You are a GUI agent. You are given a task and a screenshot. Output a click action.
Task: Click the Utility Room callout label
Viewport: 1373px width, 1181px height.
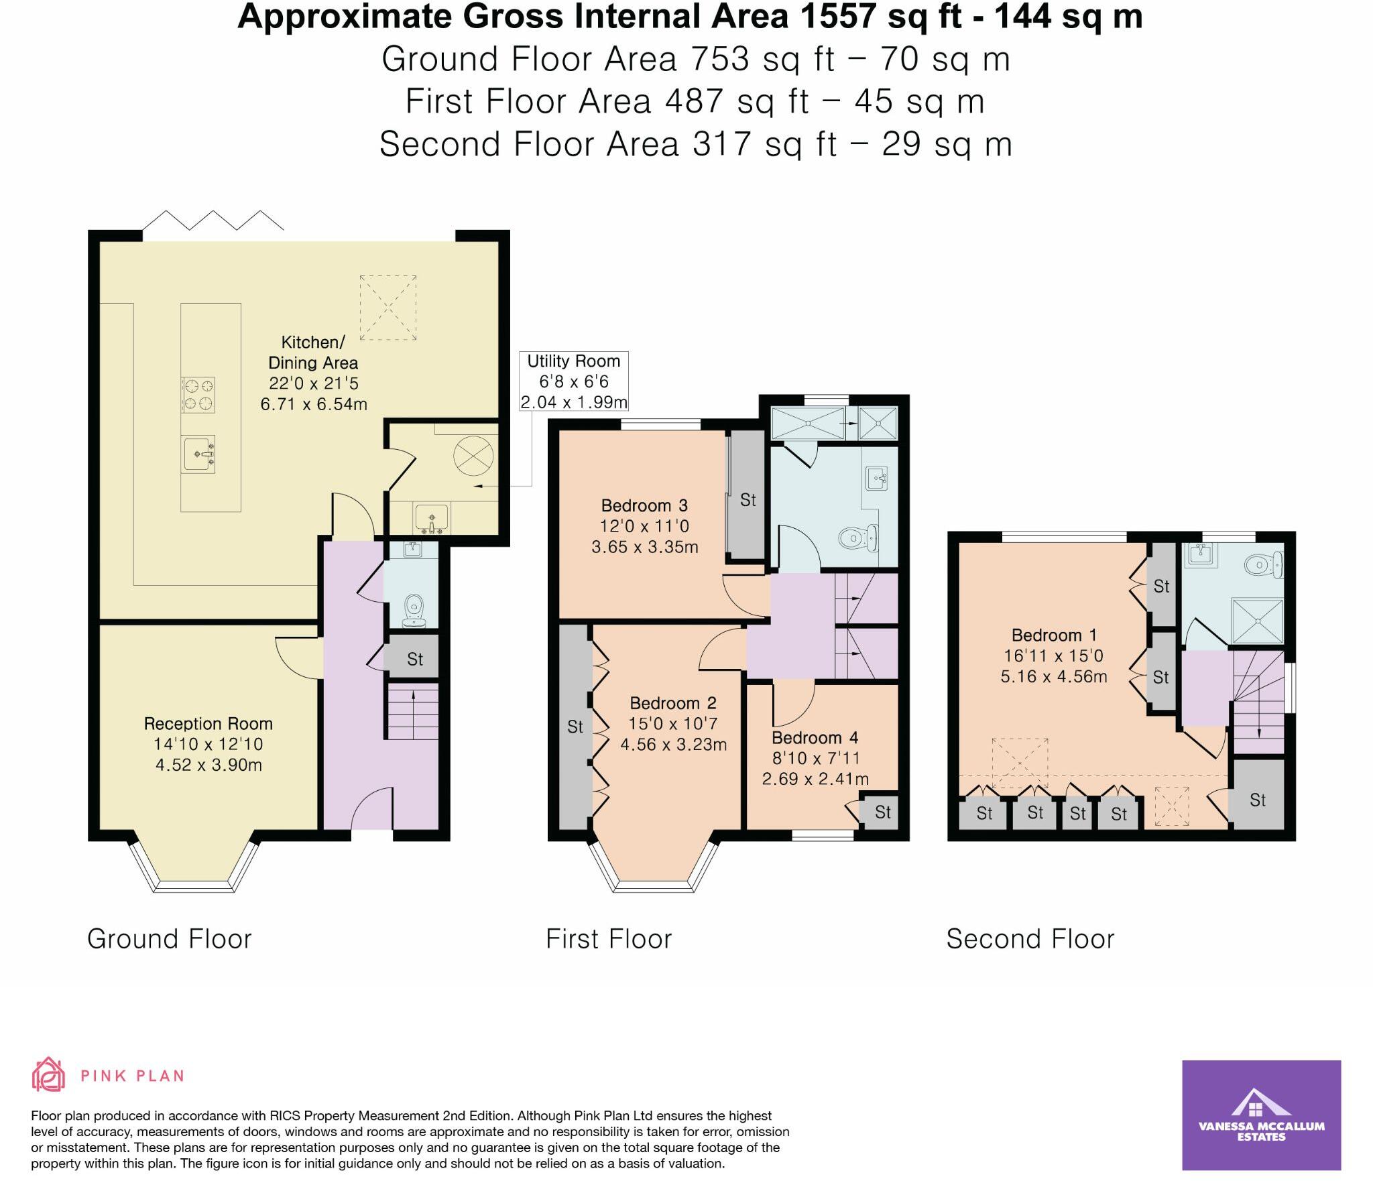pyautogui.click(x=573, y=381)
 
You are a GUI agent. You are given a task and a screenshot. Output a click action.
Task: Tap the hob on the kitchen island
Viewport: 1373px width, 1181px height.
pyautogui.click(x=198, y=394)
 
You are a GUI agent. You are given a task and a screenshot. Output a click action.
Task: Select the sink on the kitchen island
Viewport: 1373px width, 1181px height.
pyautogui.click(x=198, y=454)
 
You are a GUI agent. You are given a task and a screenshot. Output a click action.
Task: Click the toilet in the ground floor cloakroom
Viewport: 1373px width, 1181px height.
pyautogui.click(x=415, y=609)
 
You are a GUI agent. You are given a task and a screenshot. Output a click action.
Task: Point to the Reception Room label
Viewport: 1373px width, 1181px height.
pyautogui.click(x=208, y=724)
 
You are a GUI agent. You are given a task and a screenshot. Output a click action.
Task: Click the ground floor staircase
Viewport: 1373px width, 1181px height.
pyautogui.click(x=412, y=711)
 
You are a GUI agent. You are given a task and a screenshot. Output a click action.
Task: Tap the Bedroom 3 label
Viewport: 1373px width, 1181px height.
pyautogui.click(x=644, y=505)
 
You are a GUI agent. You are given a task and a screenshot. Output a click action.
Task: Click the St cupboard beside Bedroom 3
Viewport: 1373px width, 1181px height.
pyautogui.click(x=748, y=499)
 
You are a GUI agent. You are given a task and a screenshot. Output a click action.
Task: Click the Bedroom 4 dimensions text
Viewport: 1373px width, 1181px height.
pyautogui.click(x=815, y=769)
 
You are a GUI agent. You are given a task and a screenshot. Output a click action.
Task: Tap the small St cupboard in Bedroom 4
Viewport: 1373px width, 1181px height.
pyautogui.click(x=882, y=812)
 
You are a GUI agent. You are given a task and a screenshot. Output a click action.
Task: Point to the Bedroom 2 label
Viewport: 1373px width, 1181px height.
pyautogui.click(x=673, y=703)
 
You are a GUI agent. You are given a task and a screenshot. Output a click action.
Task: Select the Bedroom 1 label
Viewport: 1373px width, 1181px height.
pyautogui.click(x=1055, y=635)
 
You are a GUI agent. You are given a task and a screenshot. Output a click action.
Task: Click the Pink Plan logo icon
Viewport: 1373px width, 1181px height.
pyautogui.click(x=49, y=1075)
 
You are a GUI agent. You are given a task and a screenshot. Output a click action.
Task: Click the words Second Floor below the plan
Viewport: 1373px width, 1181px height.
pyautogui.click(x=1030, y=939)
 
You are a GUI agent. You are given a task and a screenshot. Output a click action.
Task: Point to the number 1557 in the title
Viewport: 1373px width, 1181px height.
pyautogui.click(x=835, y=17)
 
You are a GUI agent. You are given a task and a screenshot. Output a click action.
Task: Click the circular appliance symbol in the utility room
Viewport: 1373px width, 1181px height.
pyautogui.click(x=473, y=456)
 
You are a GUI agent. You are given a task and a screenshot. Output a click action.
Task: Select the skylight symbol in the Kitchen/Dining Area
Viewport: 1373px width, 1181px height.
pyautogui.click(x=387, y=308)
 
